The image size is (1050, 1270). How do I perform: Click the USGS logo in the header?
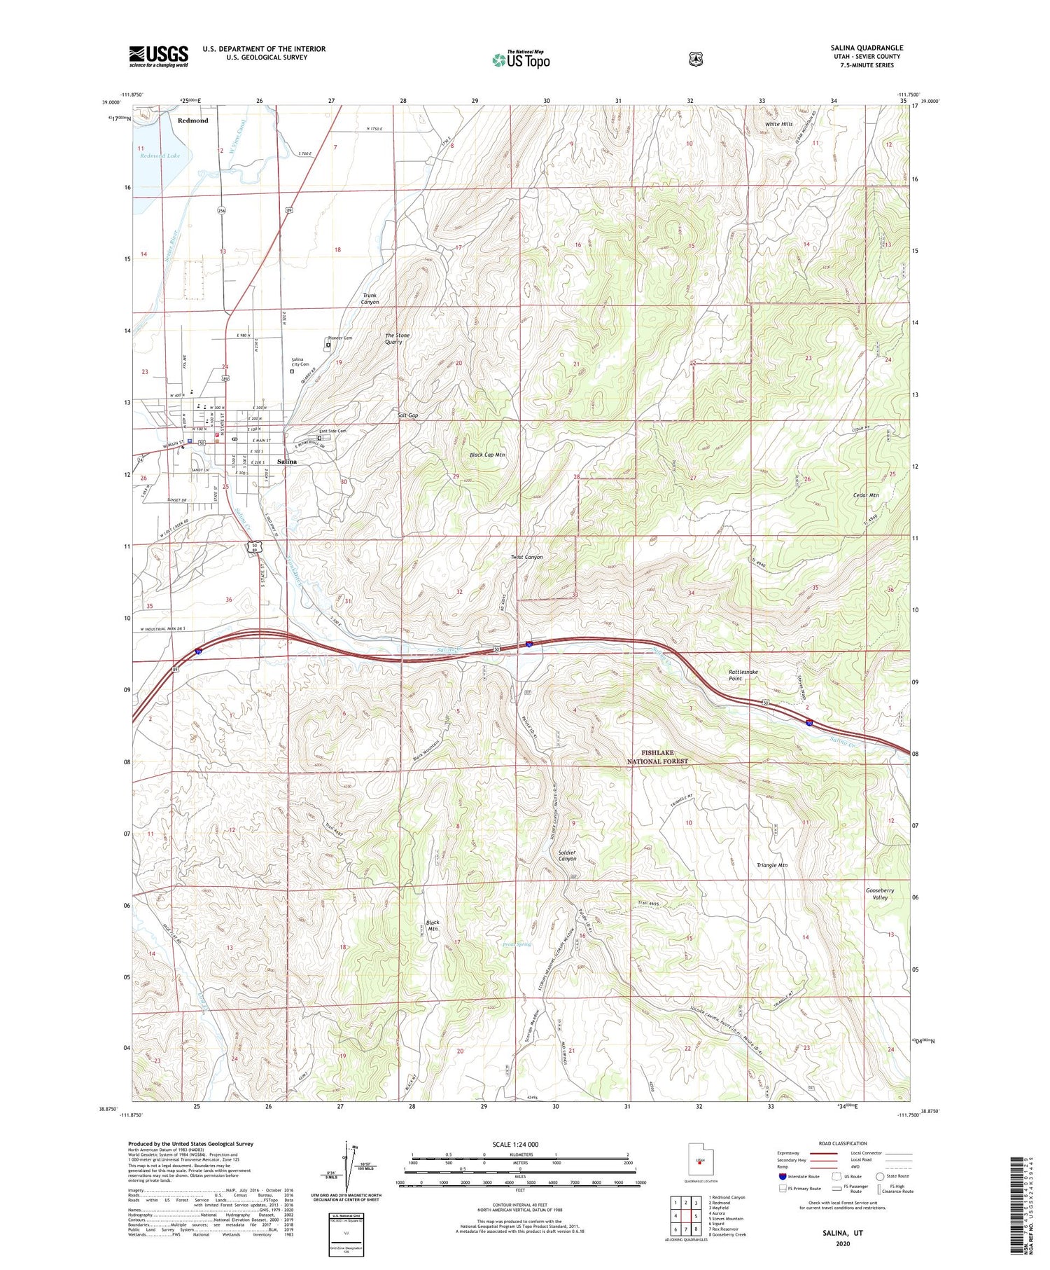click(158, 55)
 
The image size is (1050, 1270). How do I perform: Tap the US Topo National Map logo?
click(521, 59)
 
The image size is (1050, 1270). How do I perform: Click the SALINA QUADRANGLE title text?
click(866, 48)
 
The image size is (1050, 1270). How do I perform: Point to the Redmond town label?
click(192, 120)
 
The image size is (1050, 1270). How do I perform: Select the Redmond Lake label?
click(160, 156)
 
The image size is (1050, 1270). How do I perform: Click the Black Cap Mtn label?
click(487, 455)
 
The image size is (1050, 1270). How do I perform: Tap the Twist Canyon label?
click(526, 557)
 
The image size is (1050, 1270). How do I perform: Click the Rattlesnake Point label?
click(743, 675)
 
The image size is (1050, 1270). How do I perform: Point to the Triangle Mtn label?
click(771, 865)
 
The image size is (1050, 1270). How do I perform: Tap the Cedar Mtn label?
click(865, 495)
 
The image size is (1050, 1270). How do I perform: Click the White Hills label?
click(778, 124)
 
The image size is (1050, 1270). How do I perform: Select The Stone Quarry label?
click(398, 338)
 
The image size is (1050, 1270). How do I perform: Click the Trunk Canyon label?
click(370, 298)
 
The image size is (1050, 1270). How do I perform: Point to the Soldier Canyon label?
click(567, 855)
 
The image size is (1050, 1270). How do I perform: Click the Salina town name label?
click(287, 462)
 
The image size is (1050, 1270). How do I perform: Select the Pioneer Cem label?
click(340, 338)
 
